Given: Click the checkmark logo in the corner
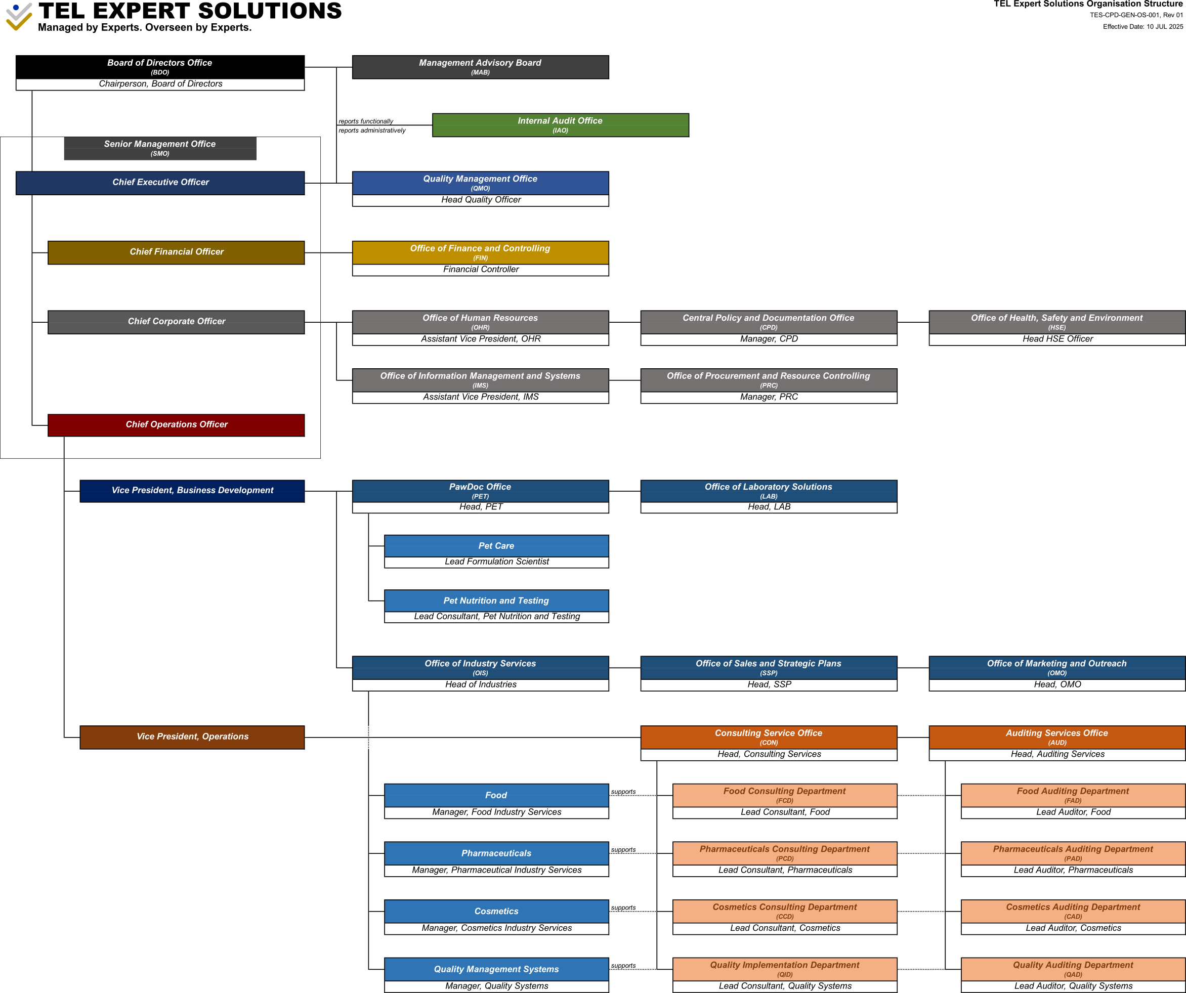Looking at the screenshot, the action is [x=19, y=16].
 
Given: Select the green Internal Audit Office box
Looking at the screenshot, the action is [x=560, y=125].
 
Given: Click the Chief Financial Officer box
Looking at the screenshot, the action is [x=176, y=252].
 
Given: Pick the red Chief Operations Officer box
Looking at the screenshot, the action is [x=176, y=424].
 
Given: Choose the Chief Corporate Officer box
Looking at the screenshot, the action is [x=176, y=321].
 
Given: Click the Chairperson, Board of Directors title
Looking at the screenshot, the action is [x=160, y=84].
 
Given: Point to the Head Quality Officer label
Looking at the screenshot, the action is [x=480, y=200].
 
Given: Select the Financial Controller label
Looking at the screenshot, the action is [x=480, y=269].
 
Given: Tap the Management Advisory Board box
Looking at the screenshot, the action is [x=480, y=67].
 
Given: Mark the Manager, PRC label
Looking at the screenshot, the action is [x=768, y=397].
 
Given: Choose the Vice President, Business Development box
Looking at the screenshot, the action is [x=192, y=490].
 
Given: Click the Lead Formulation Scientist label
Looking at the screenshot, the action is [x=496, y=562].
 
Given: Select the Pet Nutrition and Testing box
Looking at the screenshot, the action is [x=496, y=600].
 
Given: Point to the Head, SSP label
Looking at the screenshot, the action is [x=768, y=684].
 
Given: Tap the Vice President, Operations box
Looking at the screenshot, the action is [x=192, y=737].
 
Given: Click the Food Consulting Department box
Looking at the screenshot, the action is [x=784, y=795].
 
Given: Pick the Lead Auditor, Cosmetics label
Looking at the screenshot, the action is [x=1073, y=928].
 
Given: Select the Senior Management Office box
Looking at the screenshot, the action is [x=160, y=148].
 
